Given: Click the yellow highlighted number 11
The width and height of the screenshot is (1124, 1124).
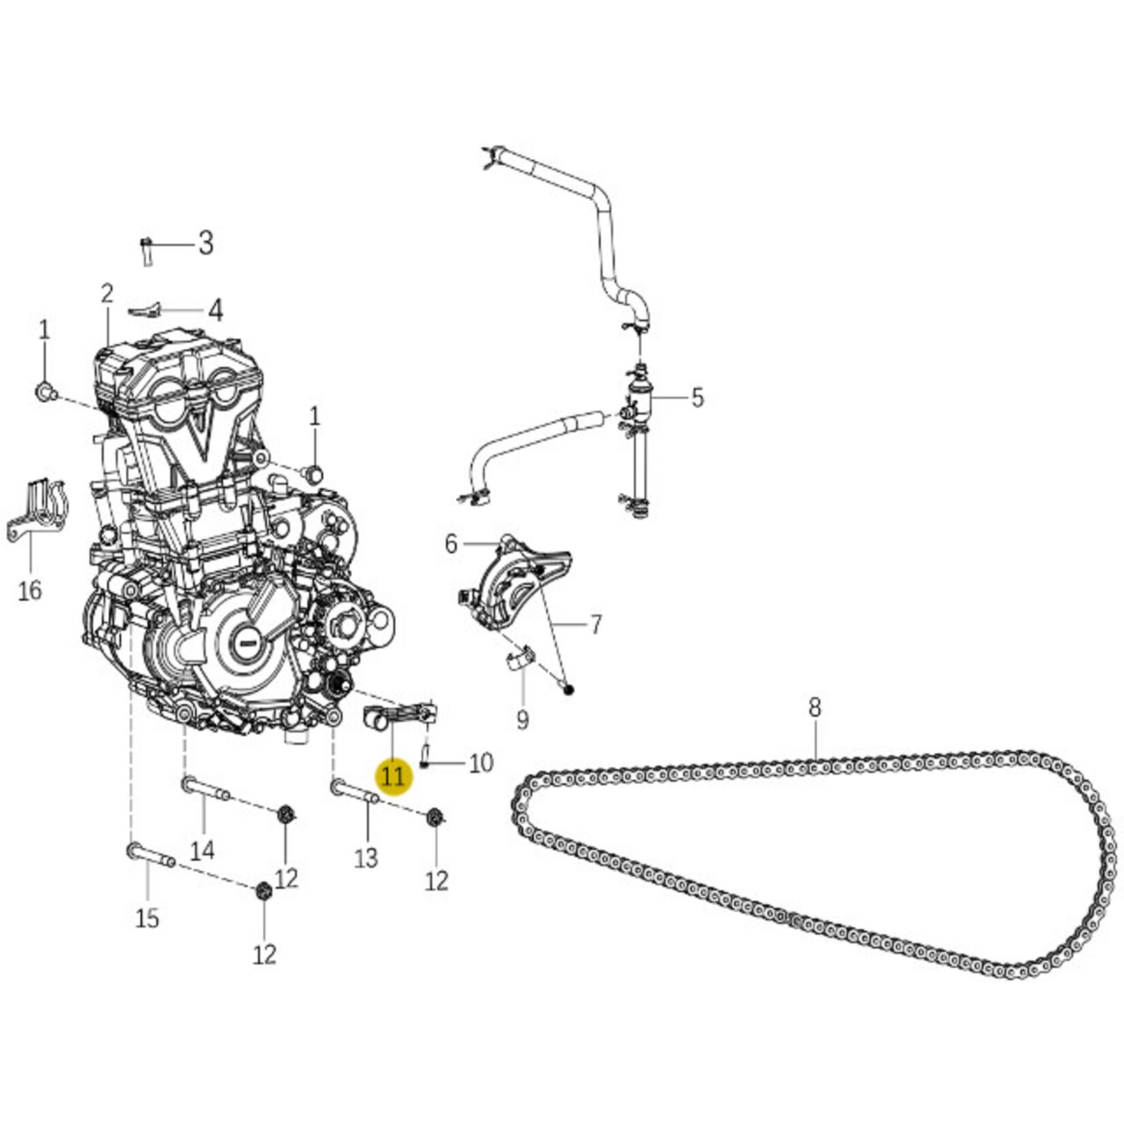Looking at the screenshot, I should (393, 776).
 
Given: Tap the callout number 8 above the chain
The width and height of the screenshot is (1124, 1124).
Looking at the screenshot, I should (815, 708).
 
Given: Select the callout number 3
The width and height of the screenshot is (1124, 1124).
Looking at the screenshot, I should (205, 243).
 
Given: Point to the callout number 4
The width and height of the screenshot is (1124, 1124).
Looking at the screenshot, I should (215, 310).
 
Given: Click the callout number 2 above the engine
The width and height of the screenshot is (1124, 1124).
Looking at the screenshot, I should (107, 294).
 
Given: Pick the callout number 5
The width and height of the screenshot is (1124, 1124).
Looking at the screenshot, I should (697, 398).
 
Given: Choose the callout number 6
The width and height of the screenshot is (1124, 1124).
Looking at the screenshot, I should (451, 544).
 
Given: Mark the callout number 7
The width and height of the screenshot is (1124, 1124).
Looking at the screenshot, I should (595, 625).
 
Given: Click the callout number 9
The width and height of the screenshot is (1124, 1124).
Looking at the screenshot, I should (522, 719).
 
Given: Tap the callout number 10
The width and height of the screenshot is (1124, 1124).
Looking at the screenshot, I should (480, 763).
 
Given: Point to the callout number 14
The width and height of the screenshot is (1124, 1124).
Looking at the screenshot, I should (202, 850).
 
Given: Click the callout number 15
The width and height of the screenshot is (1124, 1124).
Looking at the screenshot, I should (147, 919).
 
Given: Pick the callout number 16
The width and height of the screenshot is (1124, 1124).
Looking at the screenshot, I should (29, 591).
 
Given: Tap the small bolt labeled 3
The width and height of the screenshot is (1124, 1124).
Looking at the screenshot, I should (146, 252).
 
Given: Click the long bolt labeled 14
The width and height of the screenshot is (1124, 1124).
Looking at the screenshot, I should (206, 789).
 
